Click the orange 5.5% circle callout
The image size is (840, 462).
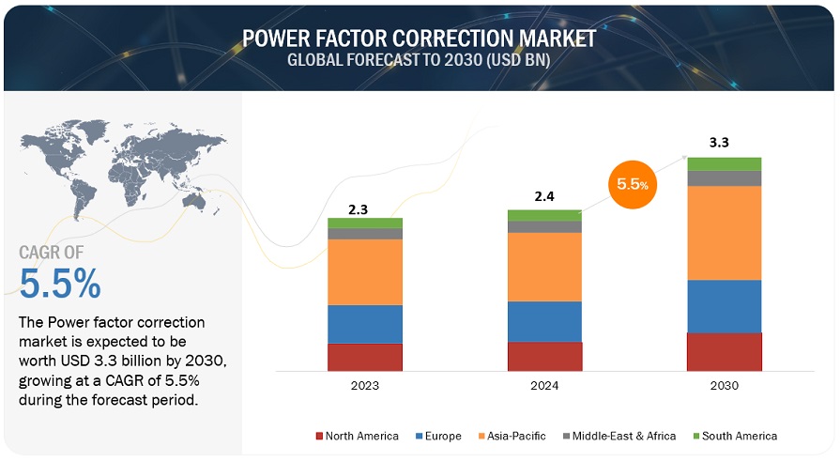pyautogui.click(x=633, y=184)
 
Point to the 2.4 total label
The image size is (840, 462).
pyautogui.click(x=544, y=198)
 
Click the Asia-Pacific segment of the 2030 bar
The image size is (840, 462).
pyautogui.click(x=725, y=233)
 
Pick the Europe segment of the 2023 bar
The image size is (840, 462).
pyautogui.click(x=364, y=324)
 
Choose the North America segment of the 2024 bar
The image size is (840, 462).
pyautogui.click(x=544, y=356)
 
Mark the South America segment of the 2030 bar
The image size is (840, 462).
pyautogui.click(x=725, y=163)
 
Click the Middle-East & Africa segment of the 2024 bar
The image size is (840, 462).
pyautogui.click(x=544, y=226)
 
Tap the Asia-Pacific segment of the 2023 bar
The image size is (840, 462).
pyautogui.click(x=364, y=271)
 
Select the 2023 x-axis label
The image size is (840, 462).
pyautogui.click(x=364, y=386)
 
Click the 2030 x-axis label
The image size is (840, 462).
pyautogui.click(x=725, y=386)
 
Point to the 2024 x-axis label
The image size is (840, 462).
pyautogui.click(x=544, y=386)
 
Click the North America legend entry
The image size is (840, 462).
pyautogui.click(x=357, y=436)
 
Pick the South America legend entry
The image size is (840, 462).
pyautogui.click(x=736, y=436)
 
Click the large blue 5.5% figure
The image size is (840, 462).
pyautogui.click(x=59, y=283)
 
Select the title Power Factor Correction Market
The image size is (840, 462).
pyautogui.click(x=419, y=38)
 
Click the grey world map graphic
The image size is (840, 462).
pyautogui.click(x=122, y=169)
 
